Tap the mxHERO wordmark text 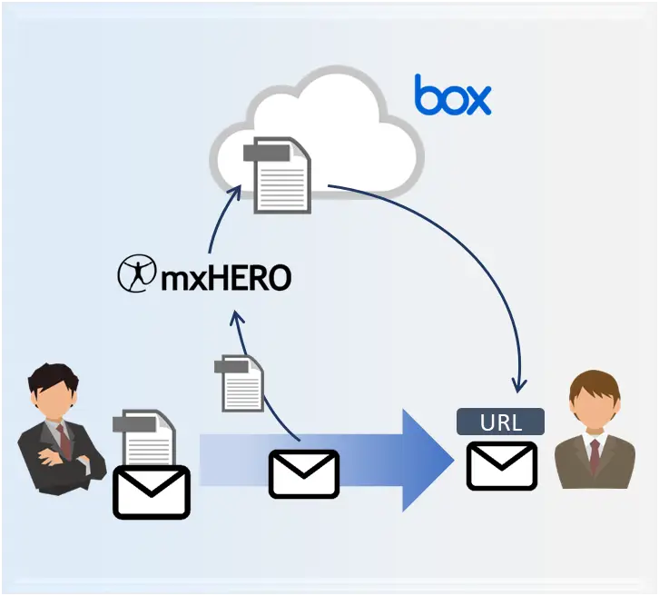(x=226, y=278)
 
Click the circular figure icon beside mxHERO (x=136, y=273)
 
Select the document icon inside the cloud (x=278, y=175)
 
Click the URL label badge (x=500, y=422)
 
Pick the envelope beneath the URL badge (x=502, y=465)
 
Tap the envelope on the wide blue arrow (x=304, y=474)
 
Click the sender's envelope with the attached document (x=152, y=492)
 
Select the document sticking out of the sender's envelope (x=144, y=437)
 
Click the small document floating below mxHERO (x=239, y=383)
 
